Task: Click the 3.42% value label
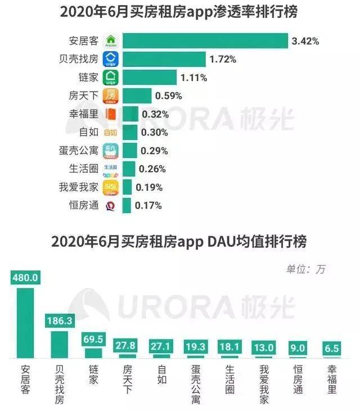[x=305, y=40]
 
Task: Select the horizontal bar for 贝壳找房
[x=164, y=59]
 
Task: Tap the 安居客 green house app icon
[x=111, y=40]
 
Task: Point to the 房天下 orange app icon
[x=111, y=95]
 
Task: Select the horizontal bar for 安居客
[x=205, y=40]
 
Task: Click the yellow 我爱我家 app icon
[x=111, y=187]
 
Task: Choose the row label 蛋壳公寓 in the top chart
[x=80, y=150]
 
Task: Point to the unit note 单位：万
[x=305, y=269]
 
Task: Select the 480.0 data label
[x=25, y=278]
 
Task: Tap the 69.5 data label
[x=93, y=339]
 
